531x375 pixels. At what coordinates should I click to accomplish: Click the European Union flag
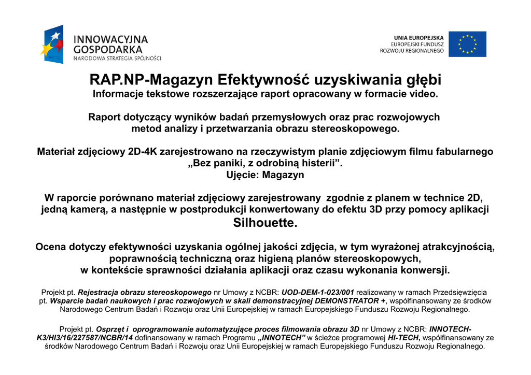tap(467, 44)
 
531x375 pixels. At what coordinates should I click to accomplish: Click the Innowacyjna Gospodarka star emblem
tap(52, 44)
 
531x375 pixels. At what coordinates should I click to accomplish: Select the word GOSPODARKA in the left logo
tap(108, 49)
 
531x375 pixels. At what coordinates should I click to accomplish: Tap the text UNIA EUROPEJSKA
tap(418, 38)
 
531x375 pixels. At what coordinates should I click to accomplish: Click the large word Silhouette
tap(265, 223)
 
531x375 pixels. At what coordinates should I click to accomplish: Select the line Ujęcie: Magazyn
tap(265, 175)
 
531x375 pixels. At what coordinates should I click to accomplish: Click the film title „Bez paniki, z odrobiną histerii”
tap(265, 163)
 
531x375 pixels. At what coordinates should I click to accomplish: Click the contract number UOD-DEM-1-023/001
tap(317, 292)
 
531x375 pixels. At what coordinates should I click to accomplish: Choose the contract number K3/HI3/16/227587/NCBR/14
tap(85, 338)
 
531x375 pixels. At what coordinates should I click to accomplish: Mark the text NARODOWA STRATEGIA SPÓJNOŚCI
tap(117, 58)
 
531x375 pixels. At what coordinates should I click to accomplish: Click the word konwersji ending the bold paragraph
tap(425, 270)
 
